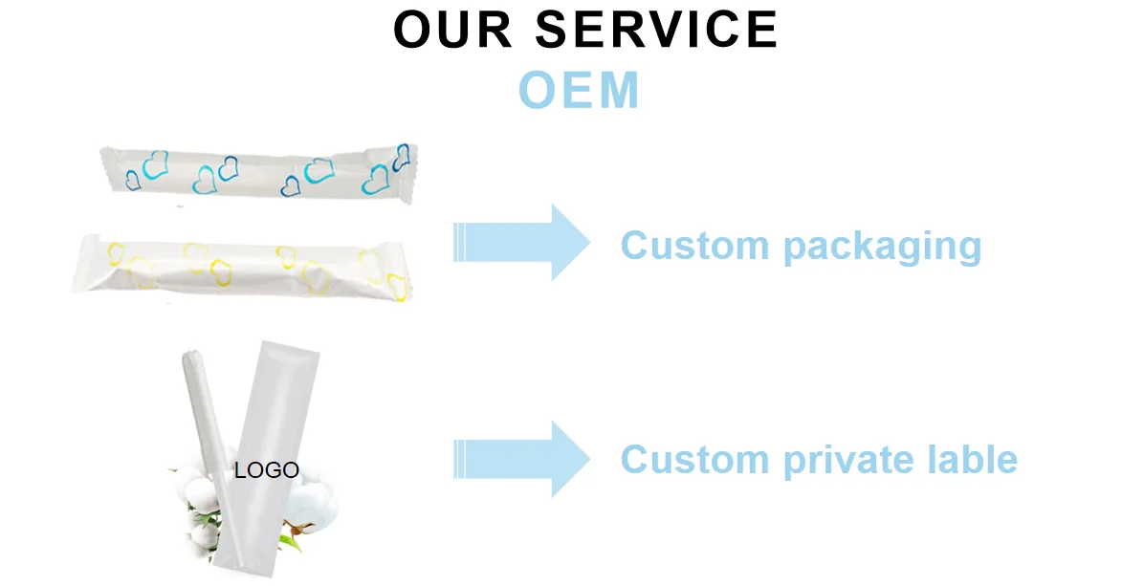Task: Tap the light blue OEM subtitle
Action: [x=579, y=91]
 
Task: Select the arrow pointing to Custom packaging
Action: [x=522, y=243]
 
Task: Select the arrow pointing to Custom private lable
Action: [x=522, y=459]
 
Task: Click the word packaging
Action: [x=882, y=247]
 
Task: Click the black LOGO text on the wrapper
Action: [x=267, y=470]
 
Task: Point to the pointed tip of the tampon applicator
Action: [x=190, y=355]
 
